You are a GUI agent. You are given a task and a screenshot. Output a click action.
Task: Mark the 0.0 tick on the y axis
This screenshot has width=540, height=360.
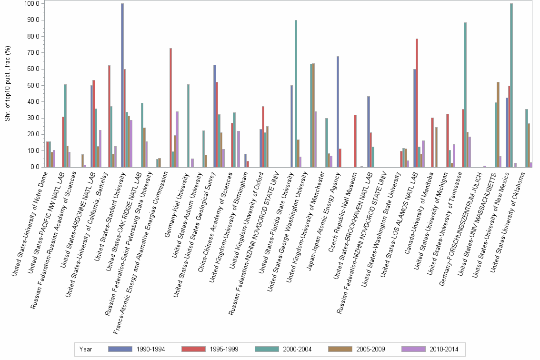[34, 167]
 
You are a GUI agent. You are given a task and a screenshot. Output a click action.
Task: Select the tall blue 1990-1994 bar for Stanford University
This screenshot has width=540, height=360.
[122, 85]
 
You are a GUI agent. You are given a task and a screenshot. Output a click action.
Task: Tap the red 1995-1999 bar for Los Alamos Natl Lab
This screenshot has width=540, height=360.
[417, 103]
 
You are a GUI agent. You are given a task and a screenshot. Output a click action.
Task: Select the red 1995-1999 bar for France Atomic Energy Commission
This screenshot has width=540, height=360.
[170, 108]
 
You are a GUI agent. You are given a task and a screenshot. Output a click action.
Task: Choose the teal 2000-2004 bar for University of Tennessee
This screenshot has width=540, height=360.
[465, 95]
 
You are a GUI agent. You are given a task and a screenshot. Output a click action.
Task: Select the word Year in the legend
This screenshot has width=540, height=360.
[86, 349]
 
